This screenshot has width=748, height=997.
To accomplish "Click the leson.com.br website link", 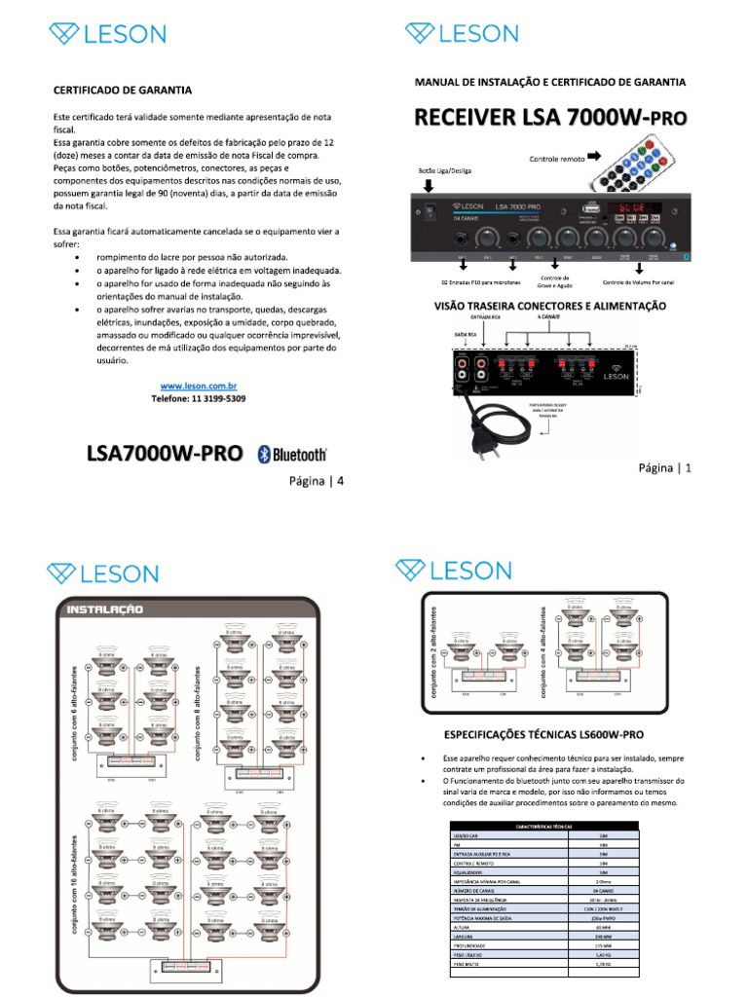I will click(x=199, y=386).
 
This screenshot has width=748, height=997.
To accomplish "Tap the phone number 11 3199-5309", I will click(x=199, y=399).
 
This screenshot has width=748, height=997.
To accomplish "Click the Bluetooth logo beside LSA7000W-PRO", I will click(x=292, y=454).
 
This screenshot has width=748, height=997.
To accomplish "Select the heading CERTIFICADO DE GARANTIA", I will click(x=122, y=90).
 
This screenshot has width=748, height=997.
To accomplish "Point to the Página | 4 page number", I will click(x=315, y=480).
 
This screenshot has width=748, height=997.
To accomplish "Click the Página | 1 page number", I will click(x=663, y=467).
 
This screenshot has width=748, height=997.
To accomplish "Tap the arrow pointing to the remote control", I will click(x=593, y=156).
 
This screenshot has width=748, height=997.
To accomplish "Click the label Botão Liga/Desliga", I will click(x=444, y=171).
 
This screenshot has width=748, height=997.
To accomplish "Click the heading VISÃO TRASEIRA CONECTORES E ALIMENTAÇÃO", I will click(x=549, y=306).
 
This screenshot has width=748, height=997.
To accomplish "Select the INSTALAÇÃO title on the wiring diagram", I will click(x=104, y=609).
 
